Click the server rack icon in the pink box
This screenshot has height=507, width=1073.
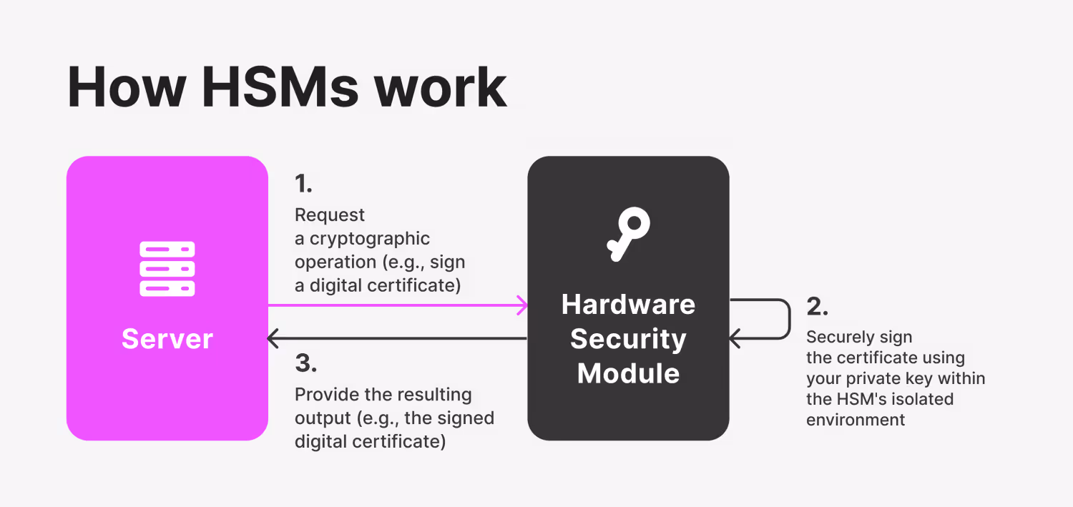click(167, 269)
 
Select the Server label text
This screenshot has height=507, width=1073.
click(167, 338)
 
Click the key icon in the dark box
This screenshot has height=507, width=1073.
click(627, 233)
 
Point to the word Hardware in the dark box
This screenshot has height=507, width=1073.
click(628, 305)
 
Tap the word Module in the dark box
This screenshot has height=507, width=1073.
click(628, 373)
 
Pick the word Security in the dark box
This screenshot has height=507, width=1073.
click(628, 339)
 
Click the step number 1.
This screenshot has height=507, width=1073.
click(303, 184)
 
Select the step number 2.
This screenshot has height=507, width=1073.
click(817, 306)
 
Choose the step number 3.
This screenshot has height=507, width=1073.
click(305, 363)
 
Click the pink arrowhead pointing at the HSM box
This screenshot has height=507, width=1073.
click(523, 305)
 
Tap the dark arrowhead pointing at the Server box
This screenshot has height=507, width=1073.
click(273, 338)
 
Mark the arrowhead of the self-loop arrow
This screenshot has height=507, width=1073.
click(734, 338)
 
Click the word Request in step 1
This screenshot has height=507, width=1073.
click(330, 215)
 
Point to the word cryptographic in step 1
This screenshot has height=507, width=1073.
click(370, 238)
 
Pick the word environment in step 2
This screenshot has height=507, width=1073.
click(856, 420)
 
